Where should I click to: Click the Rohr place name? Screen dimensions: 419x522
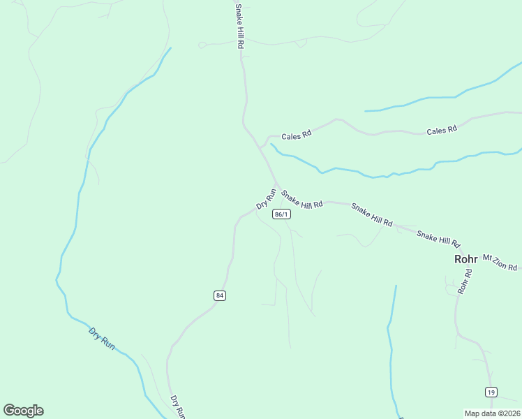[x=465, y=258]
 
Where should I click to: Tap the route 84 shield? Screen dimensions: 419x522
[x=220, y=295]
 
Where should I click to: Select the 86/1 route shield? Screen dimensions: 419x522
[x=282, y=214]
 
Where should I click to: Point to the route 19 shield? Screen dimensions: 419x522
[x=492, y=392]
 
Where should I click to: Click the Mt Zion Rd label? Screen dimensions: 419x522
[x=500, y=263]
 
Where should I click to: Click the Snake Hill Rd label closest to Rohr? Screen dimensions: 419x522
[x=439, y=237]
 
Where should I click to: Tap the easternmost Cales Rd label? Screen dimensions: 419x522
[x=441, y=130]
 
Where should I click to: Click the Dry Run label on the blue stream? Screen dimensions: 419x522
[x=102, y=338]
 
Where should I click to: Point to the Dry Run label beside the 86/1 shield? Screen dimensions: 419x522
[x=267, y=198]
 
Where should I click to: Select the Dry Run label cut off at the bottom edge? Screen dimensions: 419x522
[x=177, y=406]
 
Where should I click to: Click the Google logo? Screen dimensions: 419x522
[x=23, y=411]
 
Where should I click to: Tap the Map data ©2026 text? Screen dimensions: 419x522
[x=492, y=413]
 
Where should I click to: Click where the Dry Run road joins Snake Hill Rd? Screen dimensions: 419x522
[x=278, y=186]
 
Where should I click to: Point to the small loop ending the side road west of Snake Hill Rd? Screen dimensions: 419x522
[x=202, y=45]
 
